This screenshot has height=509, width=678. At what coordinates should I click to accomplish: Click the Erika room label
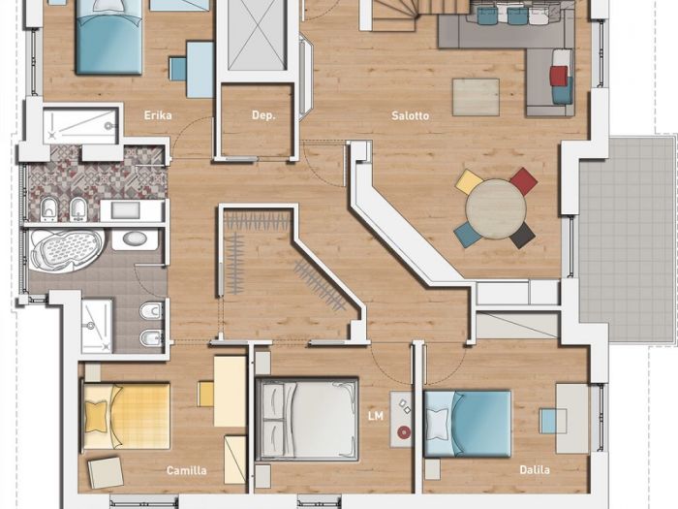point(158,115)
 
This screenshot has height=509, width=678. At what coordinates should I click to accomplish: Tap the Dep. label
point(263,115)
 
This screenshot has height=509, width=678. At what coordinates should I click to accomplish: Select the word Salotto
point(411,115)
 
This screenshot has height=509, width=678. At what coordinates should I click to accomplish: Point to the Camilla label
point(187,470)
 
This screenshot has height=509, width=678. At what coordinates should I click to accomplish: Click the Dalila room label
point(535,469)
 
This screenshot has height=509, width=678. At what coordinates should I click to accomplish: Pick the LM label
point(376,416)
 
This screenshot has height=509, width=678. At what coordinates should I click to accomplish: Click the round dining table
point(496,208)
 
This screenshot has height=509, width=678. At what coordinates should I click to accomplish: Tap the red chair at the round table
point(524,180)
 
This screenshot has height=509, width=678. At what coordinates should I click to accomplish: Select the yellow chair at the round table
point(469,181)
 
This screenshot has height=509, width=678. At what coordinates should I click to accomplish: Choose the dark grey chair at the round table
point(522,236)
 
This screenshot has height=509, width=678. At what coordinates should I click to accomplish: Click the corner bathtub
point(66,250)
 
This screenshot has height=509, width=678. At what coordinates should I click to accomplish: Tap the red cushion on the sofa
point(558,76)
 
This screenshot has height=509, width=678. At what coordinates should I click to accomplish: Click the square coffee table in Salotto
point(477,97)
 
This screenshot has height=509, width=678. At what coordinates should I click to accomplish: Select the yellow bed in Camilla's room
point(126,416)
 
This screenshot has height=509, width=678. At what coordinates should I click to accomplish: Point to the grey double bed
point(307,419)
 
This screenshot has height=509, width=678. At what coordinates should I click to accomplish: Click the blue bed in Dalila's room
point(468,424)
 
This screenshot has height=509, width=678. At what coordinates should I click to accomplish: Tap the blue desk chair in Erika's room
point(177,69)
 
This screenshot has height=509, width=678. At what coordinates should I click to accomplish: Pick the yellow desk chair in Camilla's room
point(205,394)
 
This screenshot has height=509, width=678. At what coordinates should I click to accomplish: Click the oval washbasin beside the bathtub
point(135,239)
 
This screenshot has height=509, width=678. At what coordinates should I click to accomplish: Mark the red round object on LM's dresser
point(404,431)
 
